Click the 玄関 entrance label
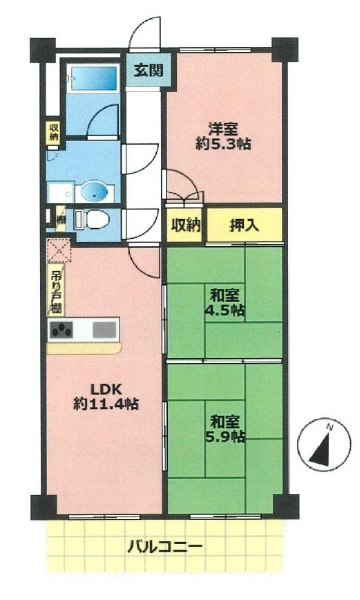(149, 70)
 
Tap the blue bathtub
(93, 78)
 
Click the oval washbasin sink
(95, 192)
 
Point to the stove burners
(61, 330)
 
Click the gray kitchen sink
(104, 330)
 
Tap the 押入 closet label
(244, 225)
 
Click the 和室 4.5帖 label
(225, 303)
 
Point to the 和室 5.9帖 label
(225, 429)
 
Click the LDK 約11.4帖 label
(106, 397)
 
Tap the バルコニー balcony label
(164, 546)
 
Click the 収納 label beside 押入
(186, 225)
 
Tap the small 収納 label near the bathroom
(54, 131)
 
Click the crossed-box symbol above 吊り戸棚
(59, 250)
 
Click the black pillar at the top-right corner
(284, 50)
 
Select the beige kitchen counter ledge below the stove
(84, 348)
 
